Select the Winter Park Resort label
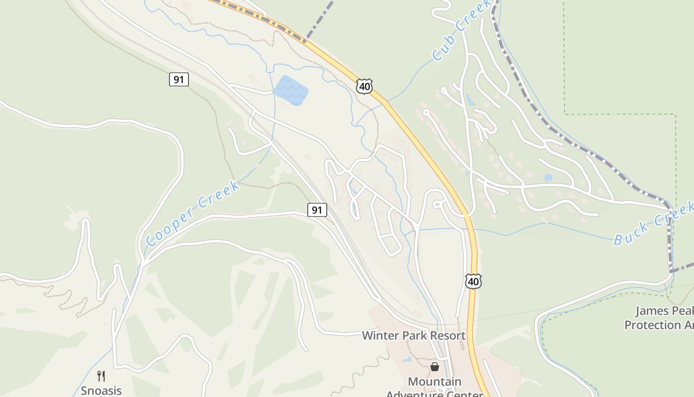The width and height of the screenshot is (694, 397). tap(413, 335)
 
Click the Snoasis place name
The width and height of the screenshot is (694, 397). tap(101, 391)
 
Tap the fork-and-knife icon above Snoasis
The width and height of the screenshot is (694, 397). tap(101, 376)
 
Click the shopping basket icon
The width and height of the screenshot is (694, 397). tap(435, 367)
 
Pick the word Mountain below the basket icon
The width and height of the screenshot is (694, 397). tap(434, 382)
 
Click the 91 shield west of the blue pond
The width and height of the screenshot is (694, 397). tap(178, 79)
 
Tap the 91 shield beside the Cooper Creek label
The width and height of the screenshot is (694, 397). tap(317, 210)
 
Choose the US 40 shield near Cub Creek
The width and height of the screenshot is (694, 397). tap(364, 86)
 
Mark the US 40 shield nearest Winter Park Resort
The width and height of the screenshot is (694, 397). tap(473, 281)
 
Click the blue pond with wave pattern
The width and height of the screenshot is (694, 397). tap(291, 90)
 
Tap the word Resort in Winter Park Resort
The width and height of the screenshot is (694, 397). tap(447, 335)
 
